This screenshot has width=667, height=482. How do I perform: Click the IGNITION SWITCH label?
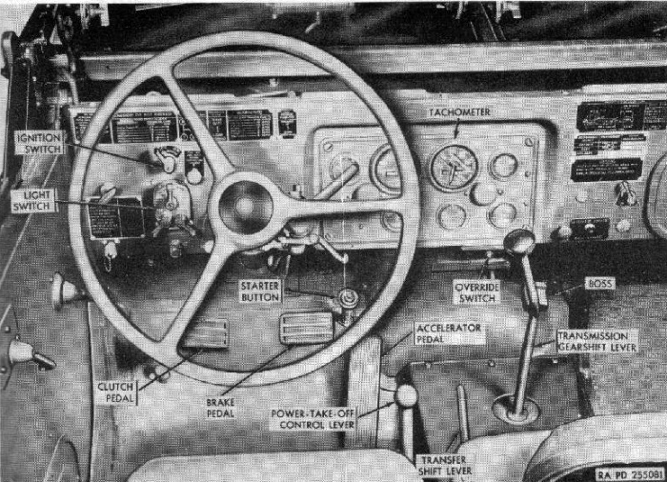[39, 143]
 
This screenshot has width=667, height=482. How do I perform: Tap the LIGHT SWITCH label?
[33, 200]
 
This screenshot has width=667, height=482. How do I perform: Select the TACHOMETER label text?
[459, 112]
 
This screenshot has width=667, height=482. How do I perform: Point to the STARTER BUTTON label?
[261, 291]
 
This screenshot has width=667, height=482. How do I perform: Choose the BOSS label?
[601, 284]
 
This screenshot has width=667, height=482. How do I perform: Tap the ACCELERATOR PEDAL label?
[450, 333]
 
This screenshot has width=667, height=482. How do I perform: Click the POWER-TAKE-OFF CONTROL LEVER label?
[314, 420]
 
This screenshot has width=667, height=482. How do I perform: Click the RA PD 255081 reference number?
[630, 472]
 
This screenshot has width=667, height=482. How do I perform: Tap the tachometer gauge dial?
[453, 168]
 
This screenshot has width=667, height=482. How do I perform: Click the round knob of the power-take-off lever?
[407, 395]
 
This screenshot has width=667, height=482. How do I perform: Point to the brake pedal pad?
[306, 327]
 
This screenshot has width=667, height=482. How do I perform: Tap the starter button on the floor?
[349, 298]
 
